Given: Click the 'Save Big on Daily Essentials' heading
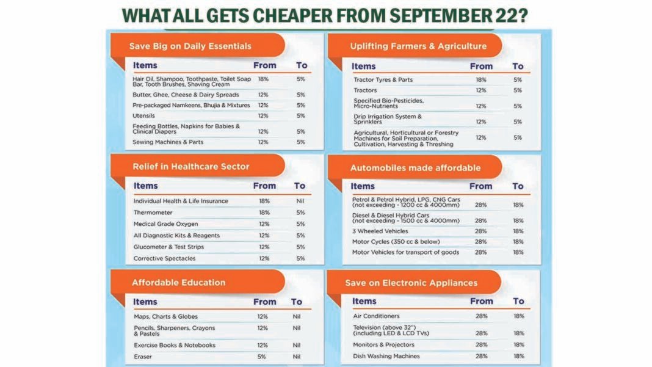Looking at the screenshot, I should tap(190, 46).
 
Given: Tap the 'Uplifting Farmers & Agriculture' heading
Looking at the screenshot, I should tap(418, 46).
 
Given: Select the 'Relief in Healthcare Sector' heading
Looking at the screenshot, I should tap(190, 166).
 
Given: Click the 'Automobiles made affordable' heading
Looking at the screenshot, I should tap(415, 167).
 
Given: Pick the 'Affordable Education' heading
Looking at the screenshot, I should tap(178, 283).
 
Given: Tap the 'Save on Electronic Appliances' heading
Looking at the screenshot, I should tap(411, 283).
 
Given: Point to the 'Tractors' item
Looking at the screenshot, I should tap(365, 90).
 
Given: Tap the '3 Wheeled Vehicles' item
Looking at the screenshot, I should tap(381, 231).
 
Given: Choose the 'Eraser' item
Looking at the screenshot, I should tap(143, 357).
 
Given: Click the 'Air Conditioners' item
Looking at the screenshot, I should tap(376, 316).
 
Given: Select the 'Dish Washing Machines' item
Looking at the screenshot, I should tap(386, 356).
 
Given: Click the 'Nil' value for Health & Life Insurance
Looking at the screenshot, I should tap(299, 201).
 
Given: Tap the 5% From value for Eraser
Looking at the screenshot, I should tap(262, 357).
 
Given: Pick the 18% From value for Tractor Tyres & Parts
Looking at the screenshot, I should tap(481, 79).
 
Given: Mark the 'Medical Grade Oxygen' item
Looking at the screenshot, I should tap(165, 224).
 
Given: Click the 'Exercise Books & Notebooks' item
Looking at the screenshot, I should tap(175, 345).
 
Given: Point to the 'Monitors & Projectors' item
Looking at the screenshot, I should tap(383, 345).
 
